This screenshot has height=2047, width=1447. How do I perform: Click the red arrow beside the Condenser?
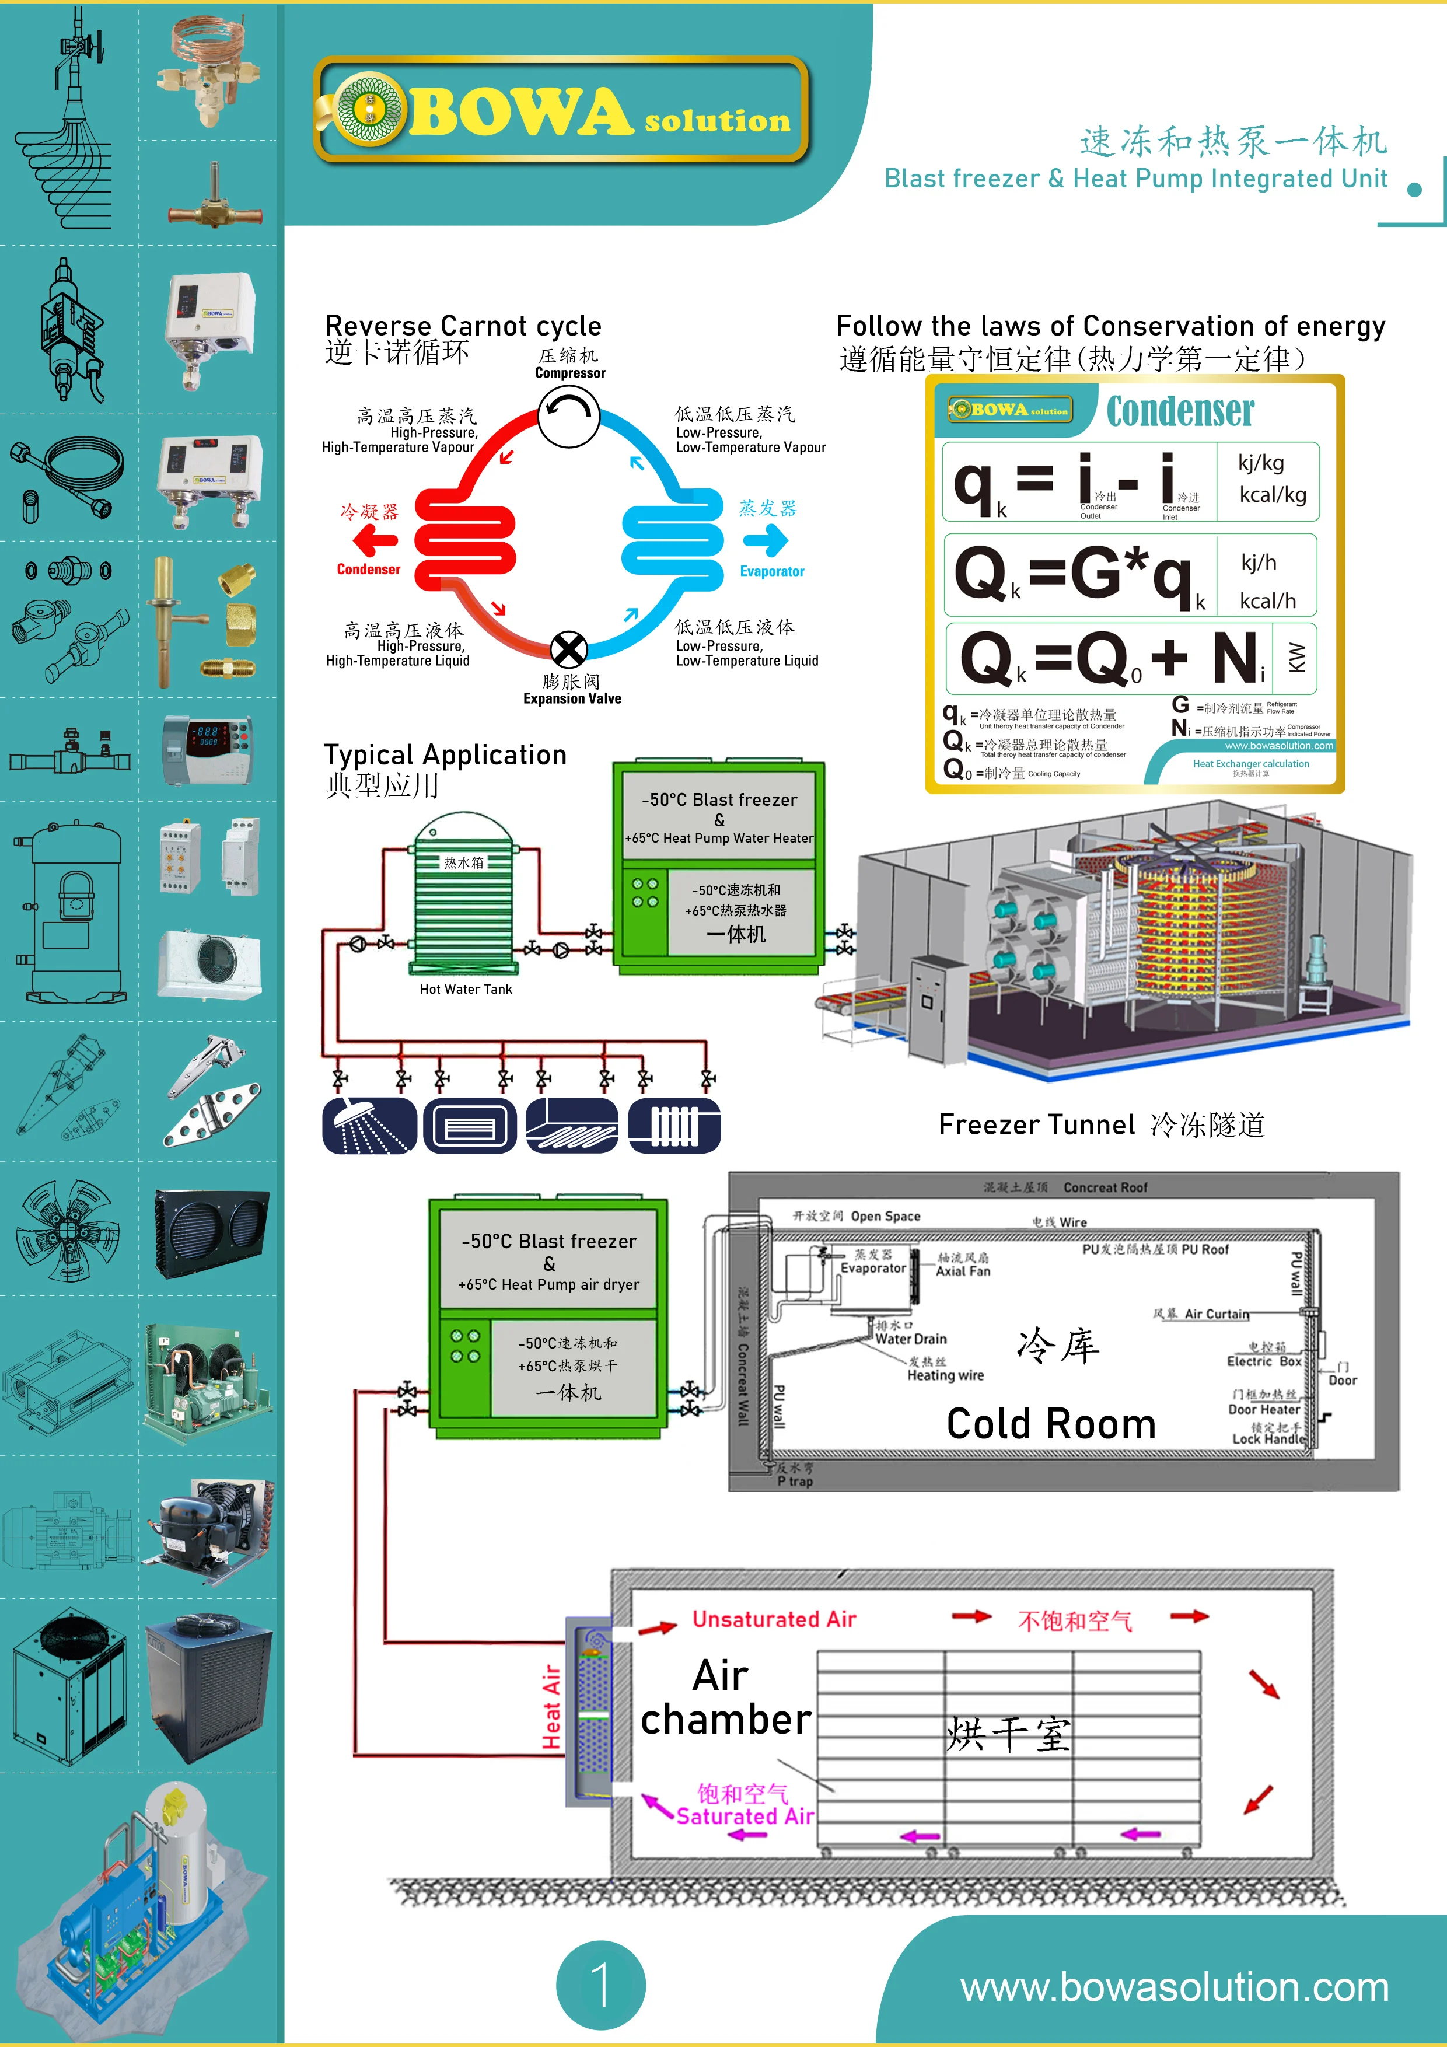tap(375, 540)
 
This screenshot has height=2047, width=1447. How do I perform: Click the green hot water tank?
tap(464, 892)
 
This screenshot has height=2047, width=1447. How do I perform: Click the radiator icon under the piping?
tap(674, 1125)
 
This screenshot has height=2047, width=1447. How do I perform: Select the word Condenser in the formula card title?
tap(1180, 411)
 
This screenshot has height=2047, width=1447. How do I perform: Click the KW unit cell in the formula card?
tap(1296, 658)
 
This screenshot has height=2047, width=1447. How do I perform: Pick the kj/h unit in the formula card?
tap(1258, 563)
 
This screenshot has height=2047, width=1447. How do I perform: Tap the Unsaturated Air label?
tap(774, 1619)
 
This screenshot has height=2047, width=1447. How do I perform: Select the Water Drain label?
tap(910, 1338)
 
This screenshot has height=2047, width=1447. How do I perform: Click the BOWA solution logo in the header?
tap(562, 110)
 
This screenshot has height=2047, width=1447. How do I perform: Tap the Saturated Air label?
tap(745, 1816)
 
